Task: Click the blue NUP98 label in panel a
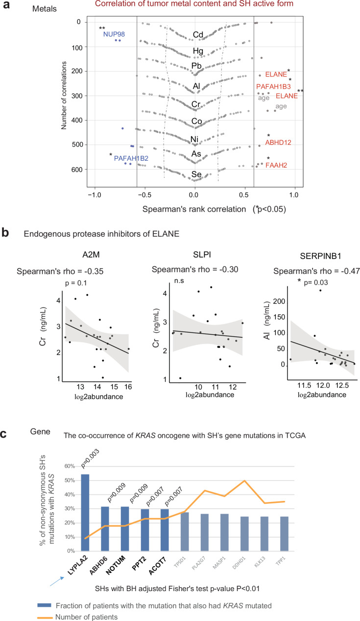113,34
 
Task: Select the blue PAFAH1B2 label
131,158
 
